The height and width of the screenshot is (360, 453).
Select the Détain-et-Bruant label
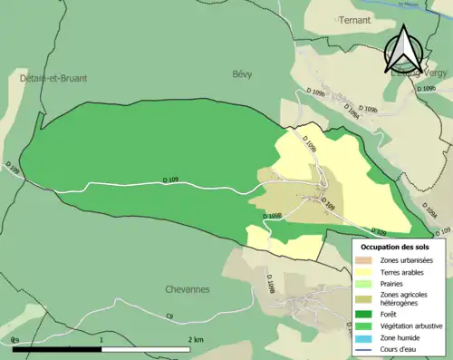coord(53,79)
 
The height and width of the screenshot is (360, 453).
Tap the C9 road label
coord(169,316)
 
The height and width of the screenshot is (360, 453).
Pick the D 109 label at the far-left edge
coord(12,169)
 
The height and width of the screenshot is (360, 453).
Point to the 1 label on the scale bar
coord(101,339)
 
